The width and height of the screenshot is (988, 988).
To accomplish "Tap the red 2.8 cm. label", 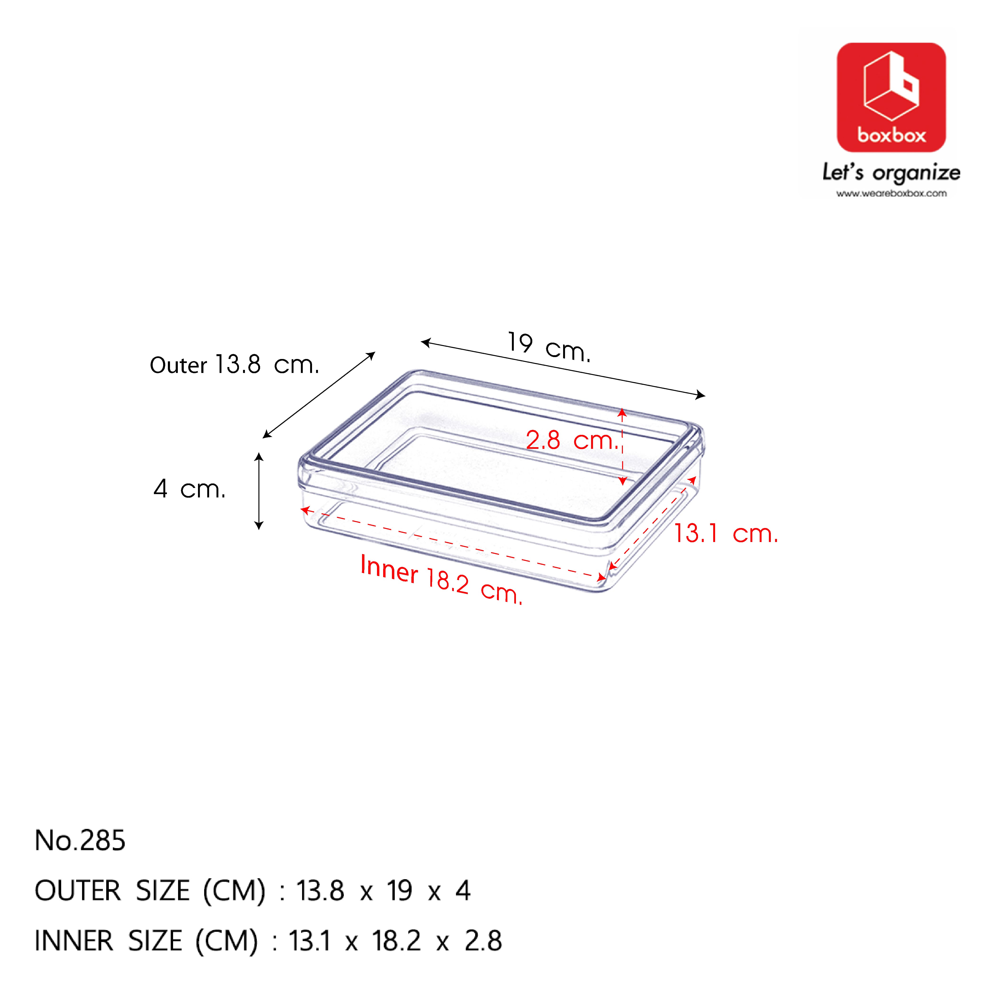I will [572, 440].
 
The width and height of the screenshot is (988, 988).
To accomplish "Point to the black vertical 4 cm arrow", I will [259, 491].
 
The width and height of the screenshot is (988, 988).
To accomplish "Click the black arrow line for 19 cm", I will [563, 368].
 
